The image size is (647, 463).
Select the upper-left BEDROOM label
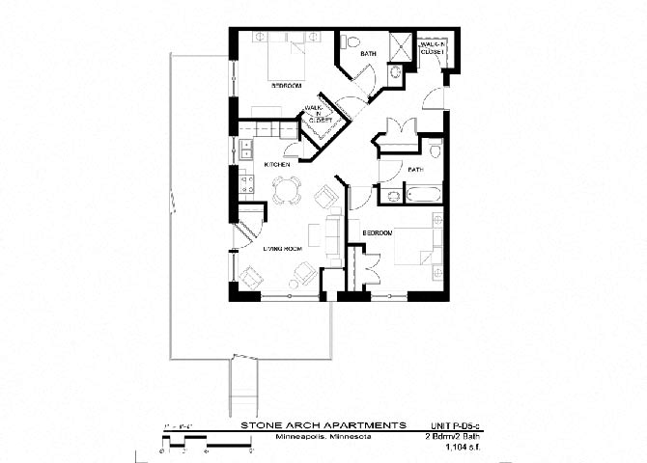tap(286, 86)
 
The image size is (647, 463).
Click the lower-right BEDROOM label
tap(377, 233)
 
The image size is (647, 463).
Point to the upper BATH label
tap(369, 55)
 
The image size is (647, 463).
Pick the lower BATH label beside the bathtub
tap(416, 170)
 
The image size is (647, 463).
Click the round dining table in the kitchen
tap(283, 190)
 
